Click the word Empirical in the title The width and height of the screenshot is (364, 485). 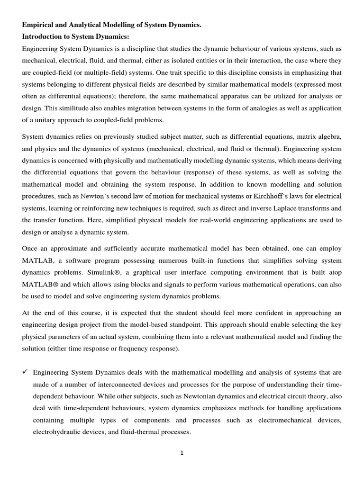(39, 25)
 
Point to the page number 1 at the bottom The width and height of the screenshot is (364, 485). (182, 452)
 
